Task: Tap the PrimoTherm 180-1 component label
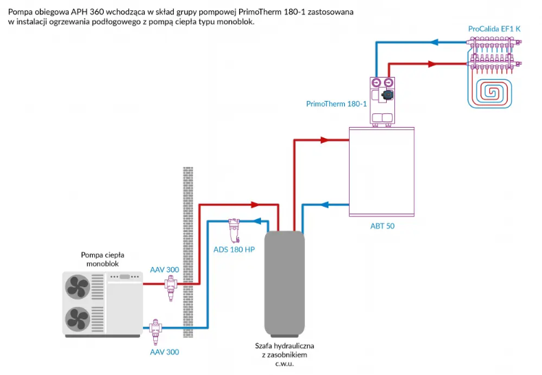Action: [x=337, y=104]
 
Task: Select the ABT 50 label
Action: [x=382, y=225]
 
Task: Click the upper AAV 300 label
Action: [x=165, y=269]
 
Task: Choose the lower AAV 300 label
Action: [x=165, y=352]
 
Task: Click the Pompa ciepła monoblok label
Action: [x=102, y=258]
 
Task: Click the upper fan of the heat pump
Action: [x=78, y=286]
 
